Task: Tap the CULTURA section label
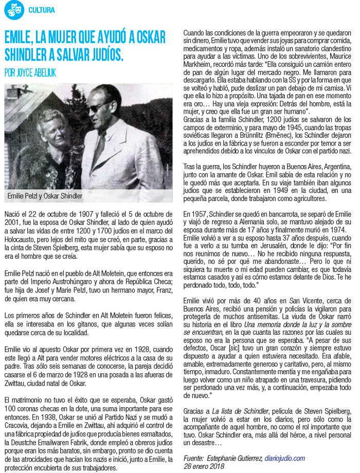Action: coord(42,10)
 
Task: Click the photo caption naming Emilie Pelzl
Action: coord(45,196)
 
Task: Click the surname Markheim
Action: coord(200,65)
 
